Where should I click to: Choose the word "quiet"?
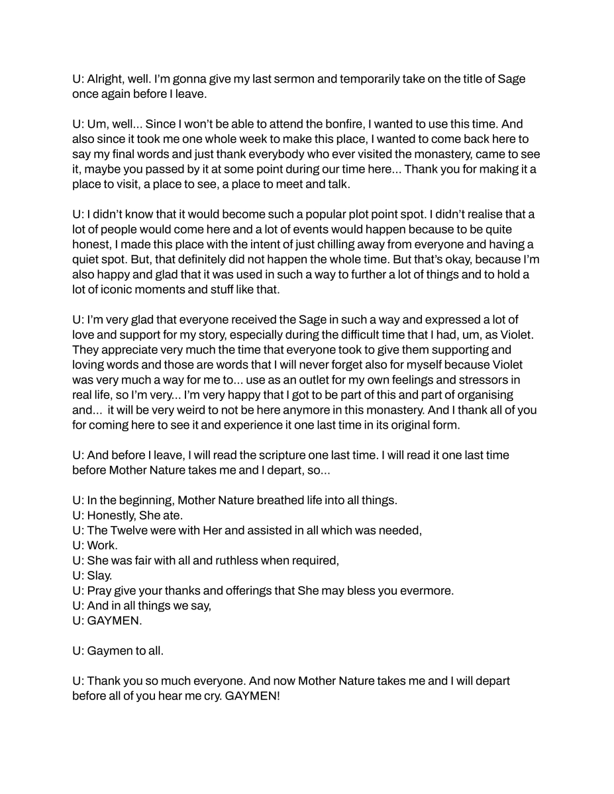[89, 259]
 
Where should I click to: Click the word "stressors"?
[486, 380]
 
